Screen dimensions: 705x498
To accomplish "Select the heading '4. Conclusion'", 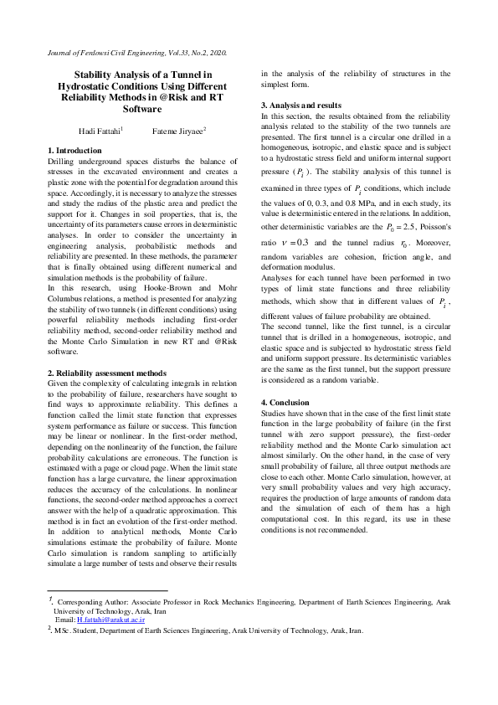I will pos(288,403).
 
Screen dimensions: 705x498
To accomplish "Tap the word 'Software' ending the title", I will pos(141,109).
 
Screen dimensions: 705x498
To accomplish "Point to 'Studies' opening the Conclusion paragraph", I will pos(276,414).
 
